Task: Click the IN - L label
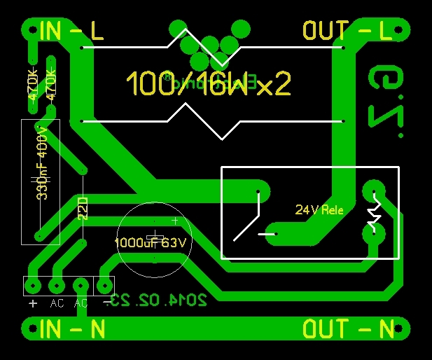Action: point(71,32)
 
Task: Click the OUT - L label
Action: point(347,31)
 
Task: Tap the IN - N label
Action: point(72,328)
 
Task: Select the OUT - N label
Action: point(348,328)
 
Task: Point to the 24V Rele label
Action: point(319,209)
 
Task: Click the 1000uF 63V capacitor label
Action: point(151,243)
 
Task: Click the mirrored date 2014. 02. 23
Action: point(160,300)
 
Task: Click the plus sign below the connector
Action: point(33,303)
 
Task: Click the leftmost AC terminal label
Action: point(57,303)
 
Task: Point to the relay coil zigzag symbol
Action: point(375,214)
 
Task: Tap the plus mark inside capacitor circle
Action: point(175,221)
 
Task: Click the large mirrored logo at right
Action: point(386,97)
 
